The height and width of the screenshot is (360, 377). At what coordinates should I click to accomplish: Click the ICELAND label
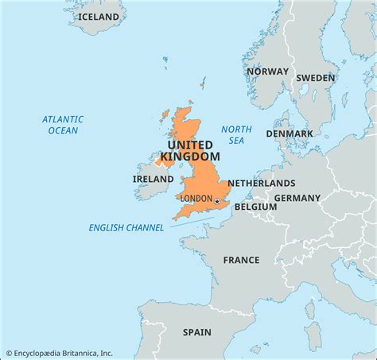point(99,17)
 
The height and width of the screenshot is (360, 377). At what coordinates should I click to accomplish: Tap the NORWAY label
point(267,72)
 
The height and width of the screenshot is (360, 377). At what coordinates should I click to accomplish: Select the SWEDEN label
point(316,78)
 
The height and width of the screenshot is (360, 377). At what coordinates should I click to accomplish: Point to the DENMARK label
point(290,134)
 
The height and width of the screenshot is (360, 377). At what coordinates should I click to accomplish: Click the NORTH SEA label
point(236,135)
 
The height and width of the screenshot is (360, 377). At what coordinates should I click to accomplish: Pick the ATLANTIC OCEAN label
point(63,125)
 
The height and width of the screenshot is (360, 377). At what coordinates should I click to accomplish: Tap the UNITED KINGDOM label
point(189,150)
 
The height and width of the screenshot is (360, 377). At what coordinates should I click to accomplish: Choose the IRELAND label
point(153,180)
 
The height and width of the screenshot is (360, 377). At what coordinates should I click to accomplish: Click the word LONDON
point(196,198)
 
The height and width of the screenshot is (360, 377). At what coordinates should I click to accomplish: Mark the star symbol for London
point(217,202)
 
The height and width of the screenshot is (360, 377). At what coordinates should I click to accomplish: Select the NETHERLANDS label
point(262,183)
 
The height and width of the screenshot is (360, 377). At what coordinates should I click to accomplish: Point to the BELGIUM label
point(255,207)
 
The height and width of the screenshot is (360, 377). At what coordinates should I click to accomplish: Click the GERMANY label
point(297,198)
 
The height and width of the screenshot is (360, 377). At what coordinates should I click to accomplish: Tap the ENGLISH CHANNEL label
point(127,228)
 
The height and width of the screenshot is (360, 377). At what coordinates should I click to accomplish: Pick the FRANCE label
point(241,260)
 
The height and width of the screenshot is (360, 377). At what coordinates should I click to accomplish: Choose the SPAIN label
point(197,332)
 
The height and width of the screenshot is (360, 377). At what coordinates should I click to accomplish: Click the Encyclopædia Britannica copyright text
point(60,353)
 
